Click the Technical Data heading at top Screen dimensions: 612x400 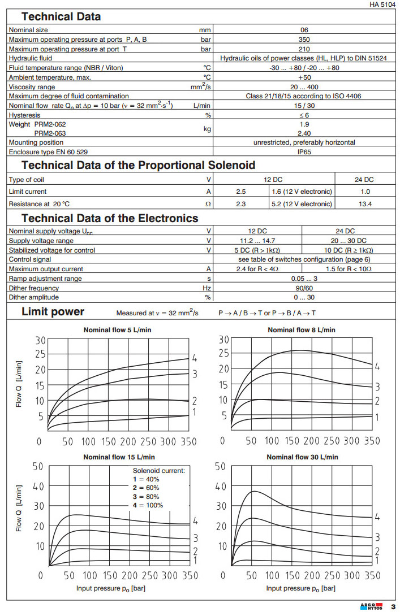click(x=61, y=17)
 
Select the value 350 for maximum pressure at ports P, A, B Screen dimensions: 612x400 click(x=304, y=39)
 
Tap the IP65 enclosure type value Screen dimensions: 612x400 click(x=304, y=151)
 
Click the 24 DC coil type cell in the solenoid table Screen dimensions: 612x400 click(x=364, y=179)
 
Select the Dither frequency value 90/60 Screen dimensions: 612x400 click(x=304, y=288)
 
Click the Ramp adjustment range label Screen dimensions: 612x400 click(x=45, y=279)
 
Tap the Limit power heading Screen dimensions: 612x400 click(x=53, y=312)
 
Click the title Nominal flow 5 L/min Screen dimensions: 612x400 click(x=117, y=330)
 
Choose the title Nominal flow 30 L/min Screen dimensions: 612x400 click(x=302, y=457)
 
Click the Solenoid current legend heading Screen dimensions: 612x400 click(x=158, y=470)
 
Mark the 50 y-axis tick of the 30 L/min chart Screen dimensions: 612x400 click(x=221, y=467)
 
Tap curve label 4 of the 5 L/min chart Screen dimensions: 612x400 click(x=194, y=358)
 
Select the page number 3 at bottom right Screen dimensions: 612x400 click(x=392, y=607)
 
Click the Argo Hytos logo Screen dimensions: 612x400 click(x=371, y=606)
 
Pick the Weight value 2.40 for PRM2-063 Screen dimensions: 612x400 click(x=304, y=133)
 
